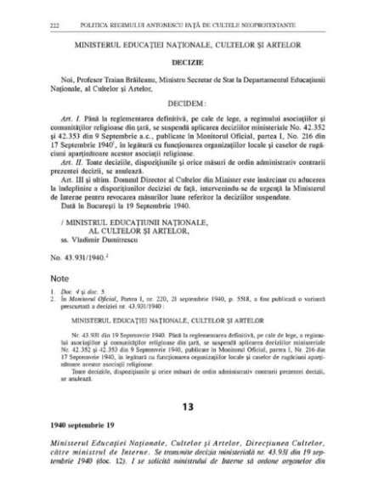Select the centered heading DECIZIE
(191, 62)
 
